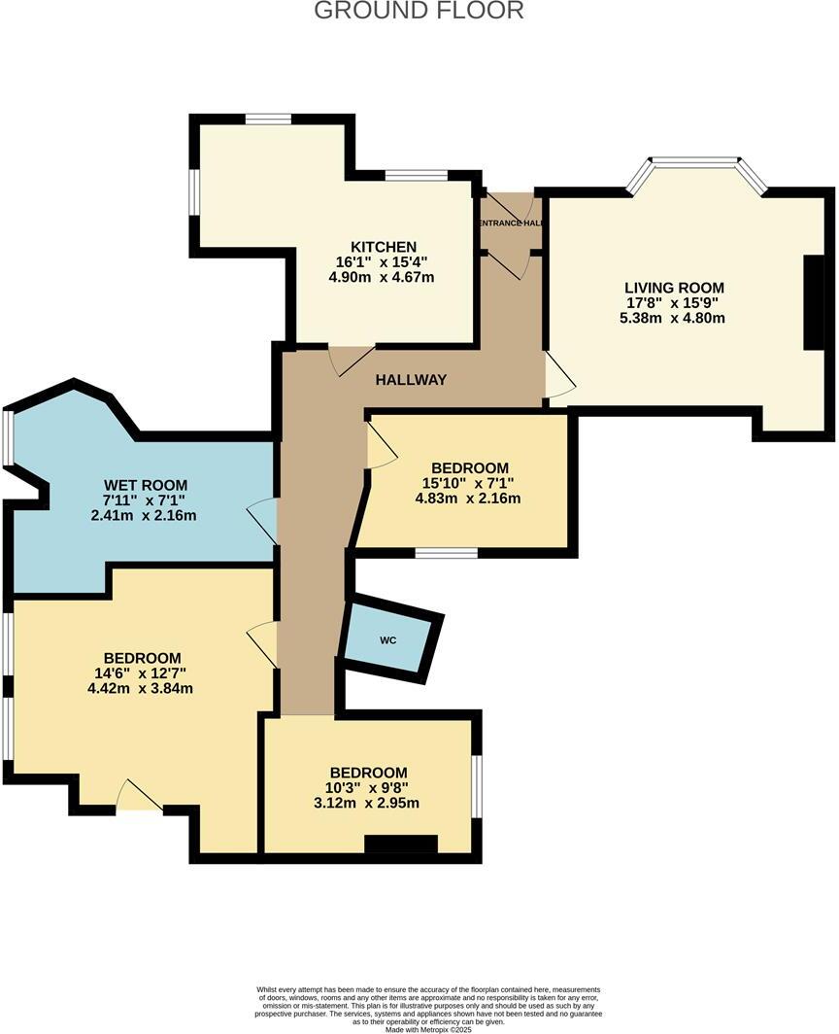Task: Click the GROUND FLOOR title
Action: pyautogui.click(x=419, y=11)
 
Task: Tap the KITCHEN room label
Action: pyautogui.click(x=385, y=247)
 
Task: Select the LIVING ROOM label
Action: pyautogui.click(x=674, y=288)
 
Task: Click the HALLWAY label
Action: pyautogui.click(x=411, y=380)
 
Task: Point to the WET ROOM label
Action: pyautogui.click(x=146, y=485)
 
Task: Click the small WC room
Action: pyautogui.click(x=388, y=641)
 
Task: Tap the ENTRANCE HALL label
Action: pyautogui.click(x=511, y=223)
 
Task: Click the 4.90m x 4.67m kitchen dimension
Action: pyautogui.click(x=382, y=277)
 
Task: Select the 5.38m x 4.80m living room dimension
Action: pyautogui.click(x=674, y=318)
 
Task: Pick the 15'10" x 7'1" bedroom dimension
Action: pyautogui.click(x=469, y=483)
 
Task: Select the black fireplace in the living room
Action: pyautogui.click(x=814, y=301)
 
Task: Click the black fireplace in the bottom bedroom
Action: pyautogui.click(x=401, y=844)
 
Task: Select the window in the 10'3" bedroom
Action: pyautogui.click(x=477, y=785)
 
